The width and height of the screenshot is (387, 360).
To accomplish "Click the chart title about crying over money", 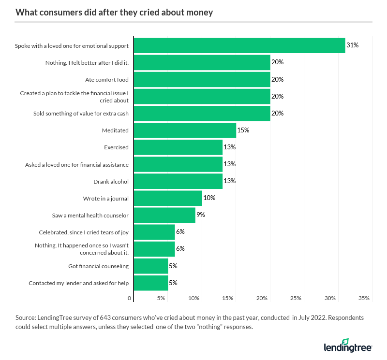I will click(114, 13).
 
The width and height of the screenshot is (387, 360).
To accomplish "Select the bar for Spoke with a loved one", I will click(239, 45).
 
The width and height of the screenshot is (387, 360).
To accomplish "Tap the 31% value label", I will click(352, 45).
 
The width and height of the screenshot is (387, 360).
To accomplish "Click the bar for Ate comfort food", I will click(202, 79).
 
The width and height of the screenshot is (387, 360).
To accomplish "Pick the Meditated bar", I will click(185, 130).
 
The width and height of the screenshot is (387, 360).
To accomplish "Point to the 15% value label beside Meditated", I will click(243, 130).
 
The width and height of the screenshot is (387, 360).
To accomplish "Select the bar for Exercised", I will click(178, 147).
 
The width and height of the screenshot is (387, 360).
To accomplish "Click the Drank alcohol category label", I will click(111, 181).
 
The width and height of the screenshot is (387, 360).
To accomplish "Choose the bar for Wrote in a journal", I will click(168, 198).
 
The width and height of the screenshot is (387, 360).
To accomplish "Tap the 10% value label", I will click(209, 198).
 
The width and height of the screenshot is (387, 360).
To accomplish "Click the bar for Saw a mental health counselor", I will click(164, 215).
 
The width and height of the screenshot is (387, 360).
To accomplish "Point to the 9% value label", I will click(200, 215).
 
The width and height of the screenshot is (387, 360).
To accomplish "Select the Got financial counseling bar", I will click(151, 266).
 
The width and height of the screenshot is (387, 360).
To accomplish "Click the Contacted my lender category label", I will click(78, 283).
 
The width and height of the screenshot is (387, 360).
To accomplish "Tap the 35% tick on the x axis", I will click(364, 298).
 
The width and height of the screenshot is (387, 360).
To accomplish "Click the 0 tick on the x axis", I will click(130, 298).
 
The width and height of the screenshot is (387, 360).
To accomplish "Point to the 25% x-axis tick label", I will click(296, 298).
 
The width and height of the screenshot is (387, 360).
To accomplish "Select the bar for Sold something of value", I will click(202, 113).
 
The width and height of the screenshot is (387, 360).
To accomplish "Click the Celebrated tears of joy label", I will click(84, 232).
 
